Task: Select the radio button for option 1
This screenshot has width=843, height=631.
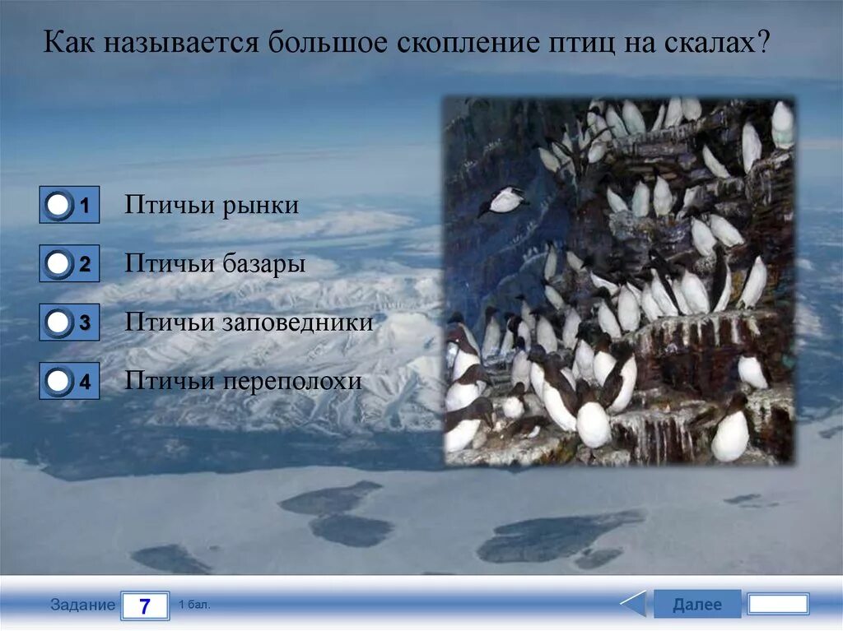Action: (x=58, y=206)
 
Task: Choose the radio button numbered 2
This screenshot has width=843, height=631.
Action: (x=58, y=264)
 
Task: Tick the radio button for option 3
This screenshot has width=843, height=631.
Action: (x=58, y=322)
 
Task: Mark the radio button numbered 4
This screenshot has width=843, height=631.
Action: (x=58, y=381)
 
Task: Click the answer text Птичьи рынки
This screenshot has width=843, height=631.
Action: (x=212, y=206)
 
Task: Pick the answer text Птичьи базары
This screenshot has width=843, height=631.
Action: (x=215, y=264)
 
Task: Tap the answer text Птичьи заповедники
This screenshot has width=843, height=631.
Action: (x=249, y=322)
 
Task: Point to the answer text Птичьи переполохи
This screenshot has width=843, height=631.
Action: (x=243, y=381)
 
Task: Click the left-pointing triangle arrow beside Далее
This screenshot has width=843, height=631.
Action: (x=634, y=604)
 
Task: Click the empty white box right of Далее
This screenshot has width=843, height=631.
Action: (x=777, y=604)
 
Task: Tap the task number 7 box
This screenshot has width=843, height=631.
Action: (x=145, y=606)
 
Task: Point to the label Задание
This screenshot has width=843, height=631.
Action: (x=82, y=605)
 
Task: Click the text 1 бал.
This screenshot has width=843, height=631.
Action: (x=195, y=605)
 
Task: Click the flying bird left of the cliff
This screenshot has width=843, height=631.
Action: (x=504, y=200)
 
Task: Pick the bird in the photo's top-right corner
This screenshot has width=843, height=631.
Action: (x=782, y=124)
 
